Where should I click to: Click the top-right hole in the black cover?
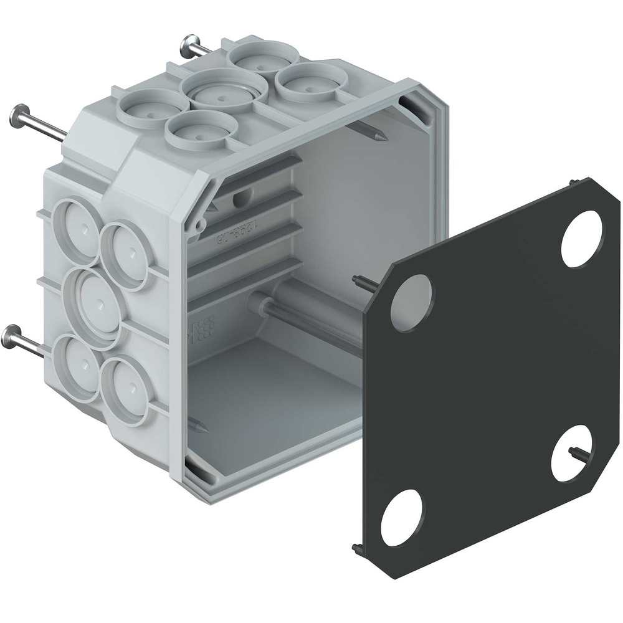click(583, 239)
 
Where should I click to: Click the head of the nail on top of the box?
click(189, 45)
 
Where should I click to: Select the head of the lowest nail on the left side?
click(12, 336)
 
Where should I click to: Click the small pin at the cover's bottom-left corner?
click(356, 548)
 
